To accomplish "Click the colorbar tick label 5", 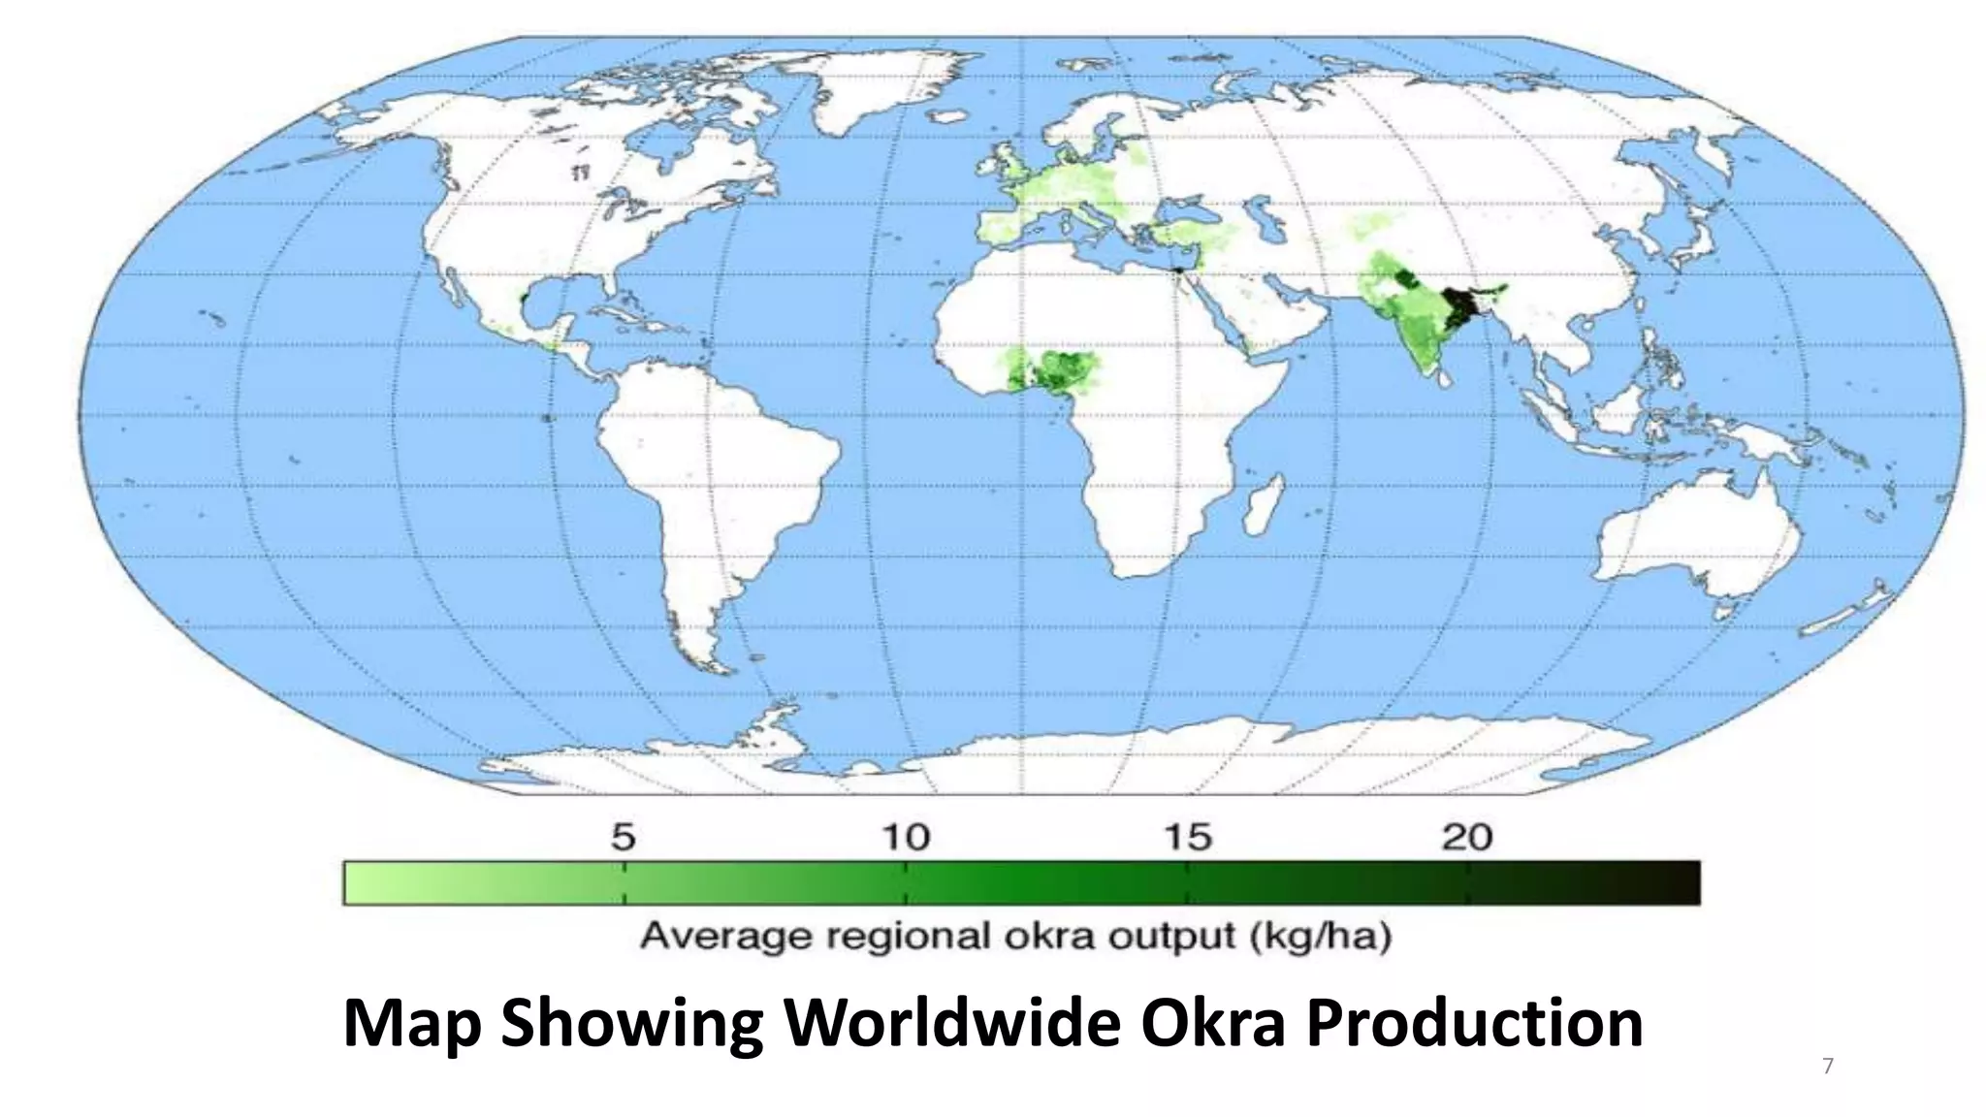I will [624, 837].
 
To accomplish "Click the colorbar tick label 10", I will [906, 837].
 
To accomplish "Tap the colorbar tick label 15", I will [1188, 837].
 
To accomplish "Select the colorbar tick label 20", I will [1467, 837].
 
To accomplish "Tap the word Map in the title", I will [412, 1023].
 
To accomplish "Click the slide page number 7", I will [1828, 1067].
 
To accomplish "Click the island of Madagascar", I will [1264, 504].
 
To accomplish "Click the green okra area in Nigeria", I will [1062, 368].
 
